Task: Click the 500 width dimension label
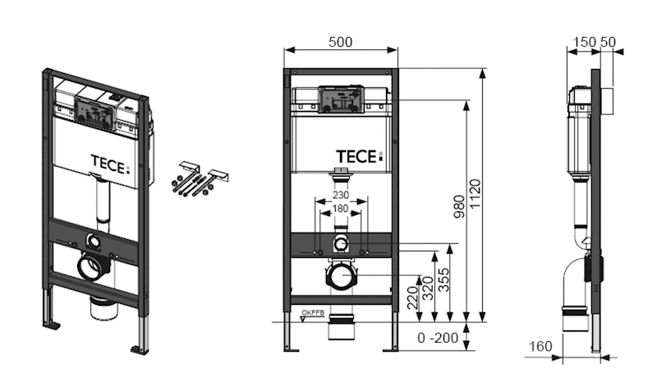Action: pos(341,41)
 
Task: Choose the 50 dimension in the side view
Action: pos(609,41)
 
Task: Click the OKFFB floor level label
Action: pos(313,313)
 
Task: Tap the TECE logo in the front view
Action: pos(359,154)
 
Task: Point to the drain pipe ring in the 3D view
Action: pos(92,267)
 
